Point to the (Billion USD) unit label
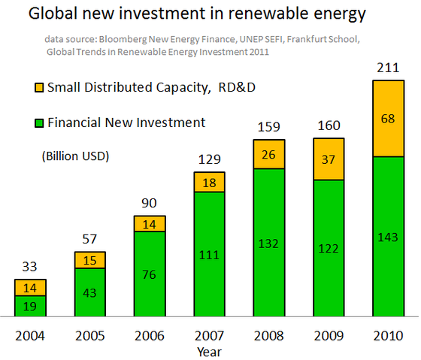point(71,156)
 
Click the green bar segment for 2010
point(389,237)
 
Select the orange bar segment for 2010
point(389,118)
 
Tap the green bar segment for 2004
point(30,306)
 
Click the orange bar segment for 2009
point(329,159)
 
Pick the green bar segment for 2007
point(210,255)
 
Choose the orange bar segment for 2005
point(89,260)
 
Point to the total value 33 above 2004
point(30,267)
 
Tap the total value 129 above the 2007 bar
point(210,160)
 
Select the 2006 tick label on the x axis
point(150,335)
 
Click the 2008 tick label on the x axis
point(269,335)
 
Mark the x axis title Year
point(209,350)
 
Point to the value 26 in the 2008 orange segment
point(269,155)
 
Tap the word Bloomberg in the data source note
point(123,38)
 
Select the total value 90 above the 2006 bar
point(150,204)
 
